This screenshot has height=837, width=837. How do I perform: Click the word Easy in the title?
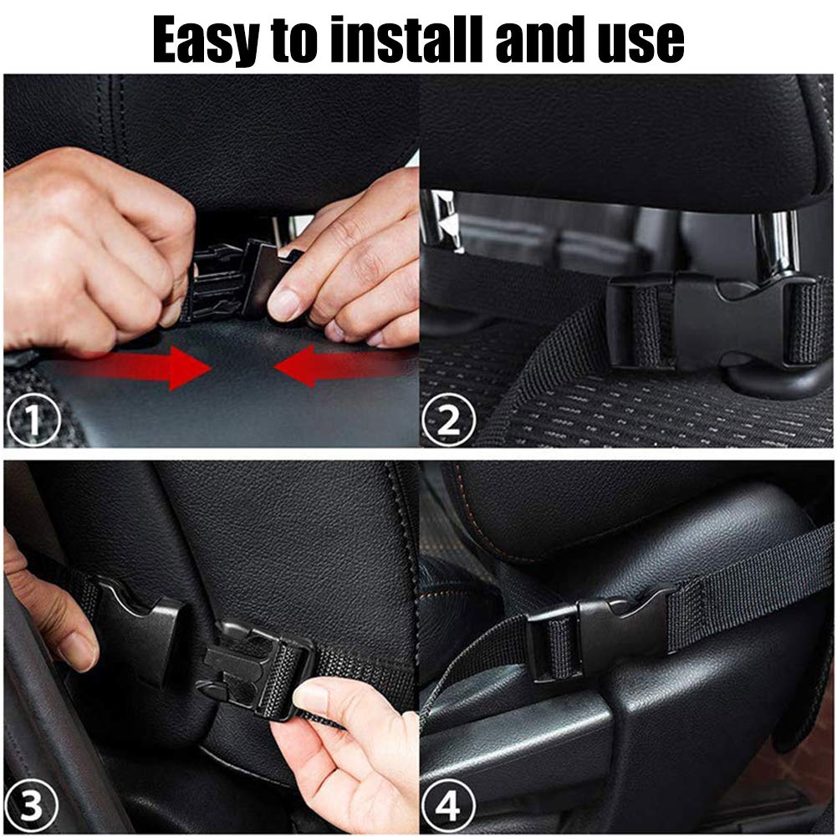[x=206, y=41]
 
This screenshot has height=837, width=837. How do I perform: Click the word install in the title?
[x=406, y=39]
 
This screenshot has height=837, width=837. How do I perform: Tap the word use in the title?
[x=641, y=43]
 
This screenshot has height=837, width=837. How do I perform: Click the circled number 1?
[x=33, y=420]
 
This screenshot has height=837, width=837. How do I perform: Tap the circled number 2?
[x=448, y=420]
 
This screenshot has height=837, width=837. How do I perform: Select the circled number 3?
[x=31, y=805]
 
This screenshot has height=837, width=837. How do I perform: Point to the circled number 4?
[x=448, y=805]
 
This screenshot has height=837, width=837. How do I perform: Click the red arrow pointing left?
[x=346, y=365]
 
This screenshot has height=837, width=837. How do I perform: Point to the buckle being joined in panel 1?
[x=240, y=280]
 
